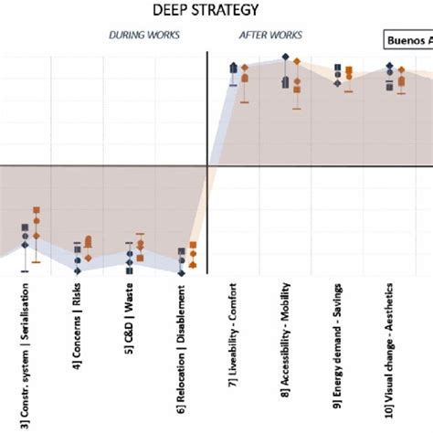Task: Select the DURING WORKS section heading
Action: coord(144,36)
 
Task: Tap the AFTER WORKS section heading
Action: coord(266,36)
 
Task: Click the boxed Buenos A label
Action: coord(407,41)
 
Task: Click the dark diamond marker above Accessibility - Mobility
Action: coord(286,58)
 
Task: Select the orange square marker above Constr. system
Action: coord(37,210)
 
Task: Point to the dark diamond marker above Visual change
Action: coord(390,66)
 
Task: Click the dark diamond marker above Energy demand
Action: coord(338,83)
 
